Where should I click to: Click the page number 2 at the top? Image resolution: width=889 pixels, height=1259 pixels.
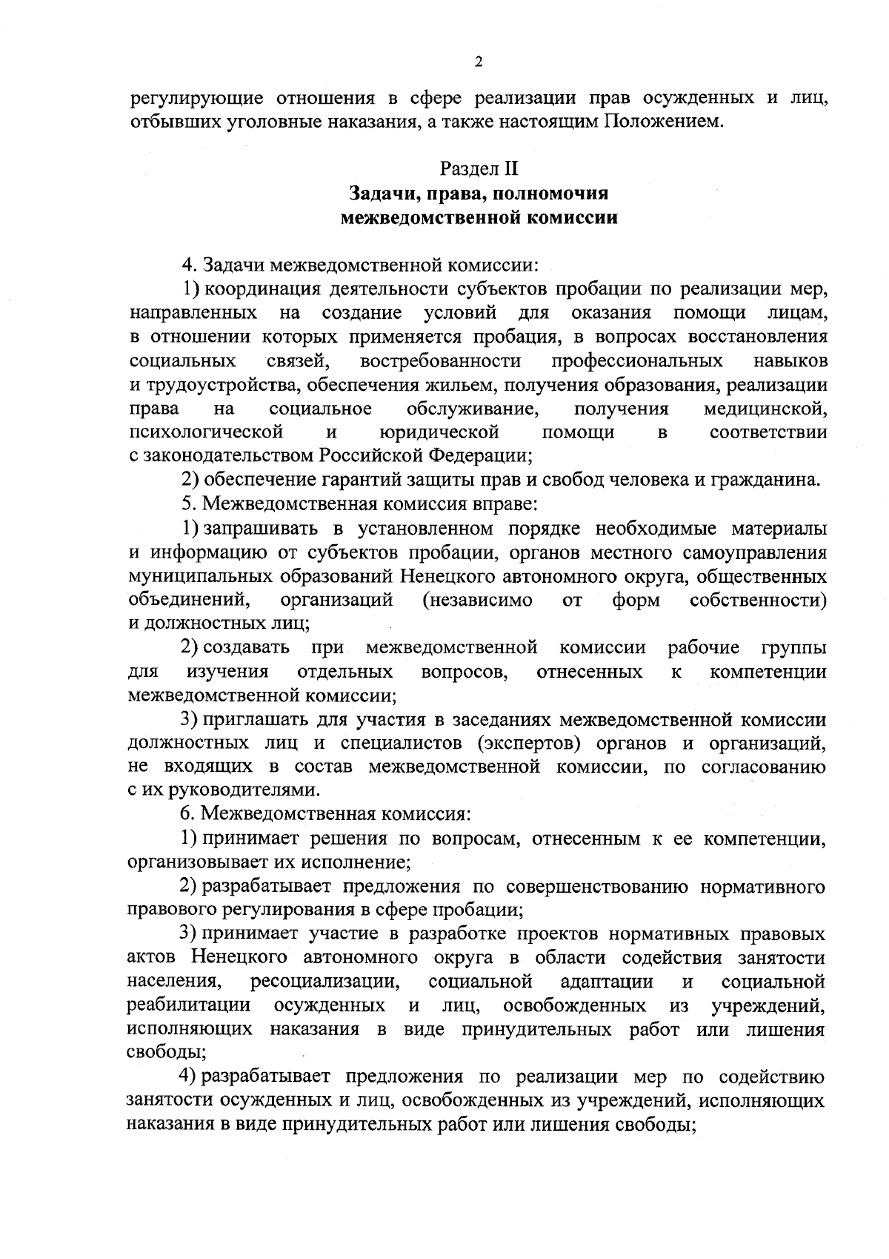(479, 62)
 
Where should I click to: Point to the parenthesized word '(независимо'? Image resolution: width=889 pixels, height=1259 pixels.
(476, 600)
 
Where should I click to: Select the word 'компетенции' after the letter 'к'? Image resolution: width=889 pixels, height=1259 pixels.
(768, 672)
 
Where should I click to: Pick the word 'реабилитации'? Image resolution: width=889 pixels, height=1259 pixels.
(189, 1005)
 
